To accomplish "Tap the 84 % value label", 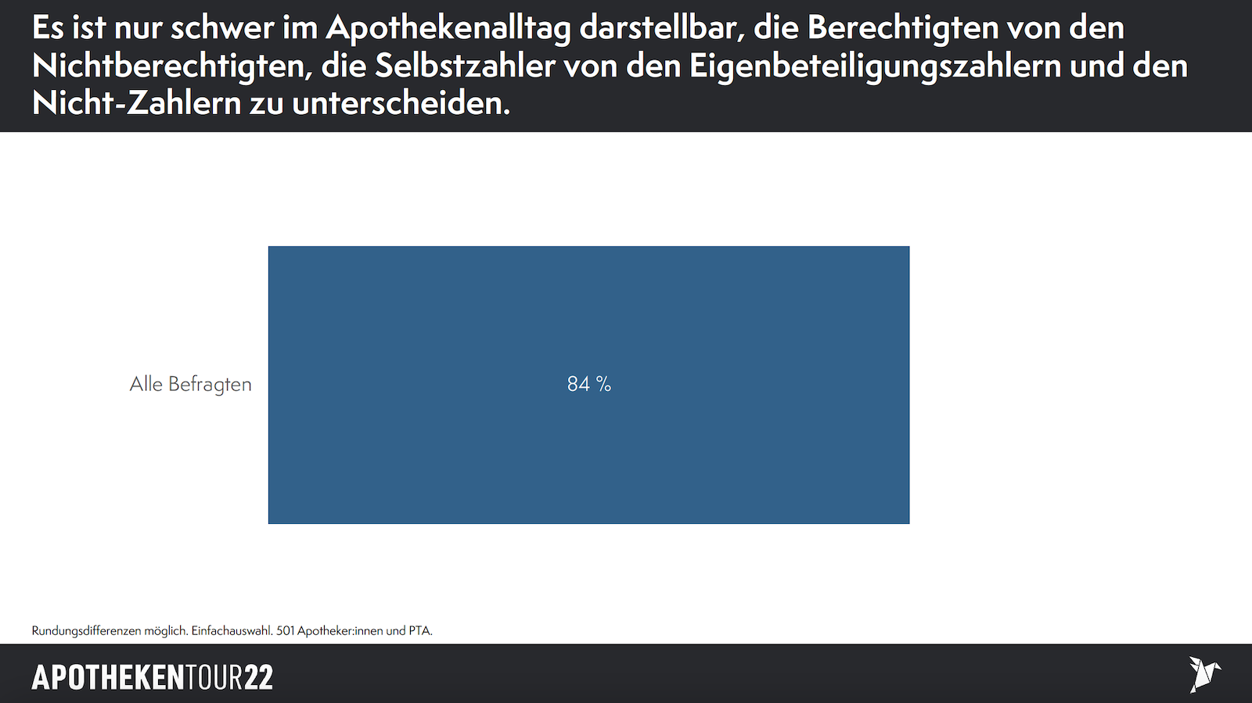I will (588, 384).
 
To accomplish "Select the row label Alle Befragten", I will (190, 384).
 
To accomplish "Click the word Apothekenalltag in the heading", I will (448, 28).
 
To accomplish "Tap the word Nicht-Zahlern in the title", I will (136, 103).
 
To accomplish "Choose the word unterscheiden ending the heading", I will (401, 103).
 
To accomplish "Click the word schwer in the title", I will (222, 28).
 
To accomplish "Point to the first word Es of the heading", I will (47, 28).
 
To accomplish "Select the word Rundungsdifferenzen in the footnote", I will (86, 630).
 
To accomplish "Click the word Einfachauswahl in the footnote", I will (232, 630).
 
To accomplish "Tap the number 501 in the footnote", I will (286, 630).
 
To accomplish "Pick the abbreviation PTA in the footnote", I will (420, 630).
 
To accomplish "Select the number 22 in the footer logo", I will (258, 677).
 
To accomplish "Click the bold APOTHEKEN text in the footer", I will (108, 677).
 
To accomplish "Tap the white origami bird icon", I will (1203, 673).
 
